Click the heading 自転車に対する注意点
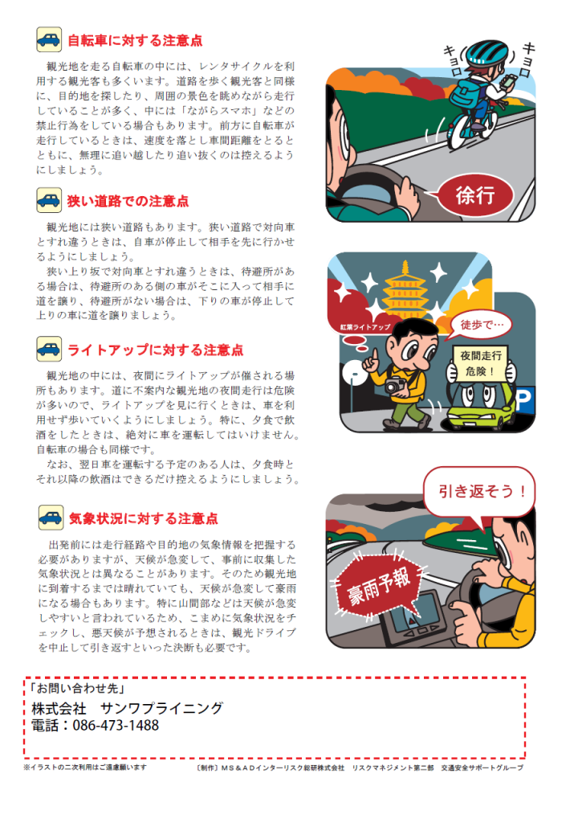136,40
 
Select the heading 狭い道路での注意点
128,201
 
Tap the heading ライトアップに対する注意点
156,350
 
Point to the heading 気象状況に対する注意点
144,518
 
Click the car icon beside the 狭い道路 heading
49,200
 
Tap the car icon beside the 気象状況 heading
51,518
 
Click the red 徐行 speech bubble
474,195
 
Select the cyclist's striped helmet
486,53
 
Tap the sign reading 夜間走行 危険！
481,363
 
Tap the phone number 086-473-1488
116,726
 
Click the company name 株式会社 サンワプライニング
128,708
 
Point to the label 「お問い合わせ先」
76,688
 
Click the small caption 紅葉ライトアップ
365,327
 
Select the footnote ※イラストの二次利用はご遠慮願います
85,768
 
